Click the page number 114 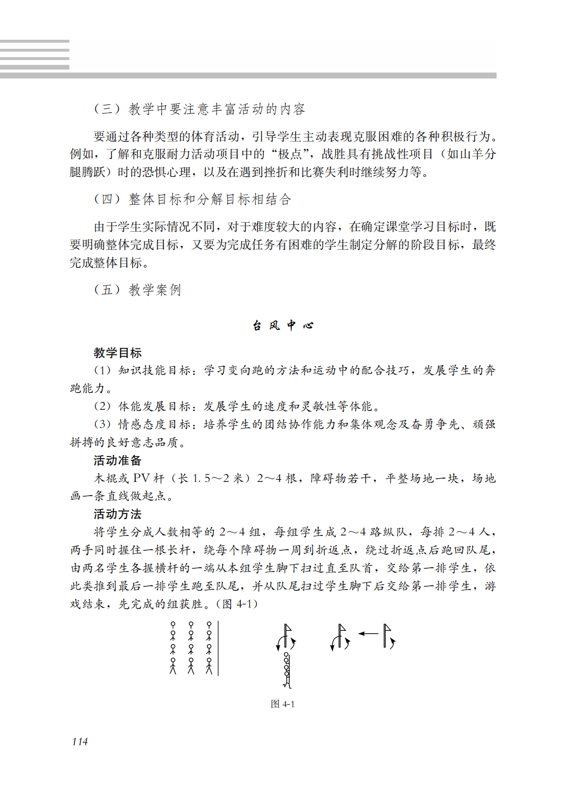click(80, 741)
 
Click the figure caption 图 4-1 click(282, 704)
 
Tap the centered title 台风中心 click(283, 325)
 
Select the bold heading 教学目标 click(117, 353)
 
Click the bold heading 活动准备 click(117, 460)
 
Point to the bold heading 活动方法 click(117, 514)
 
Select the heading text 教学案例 click(155, 290)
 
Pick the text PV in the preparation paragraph click(141, 478)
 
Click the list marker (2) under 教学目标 click(102, 407)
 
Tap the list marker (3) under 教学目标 click(102, 424)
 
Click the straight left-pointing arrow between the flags click(368, 633)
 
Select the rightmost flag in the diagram click(388, 636)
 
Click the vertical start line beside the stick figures click(218, 648)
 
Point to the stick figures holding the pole click(287, 669)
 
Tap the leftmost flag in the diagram click(286, 636)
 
